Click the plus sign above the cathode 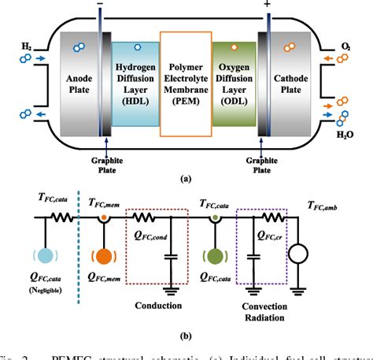coord(271,6)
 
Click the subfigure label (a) coord(186,178)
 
